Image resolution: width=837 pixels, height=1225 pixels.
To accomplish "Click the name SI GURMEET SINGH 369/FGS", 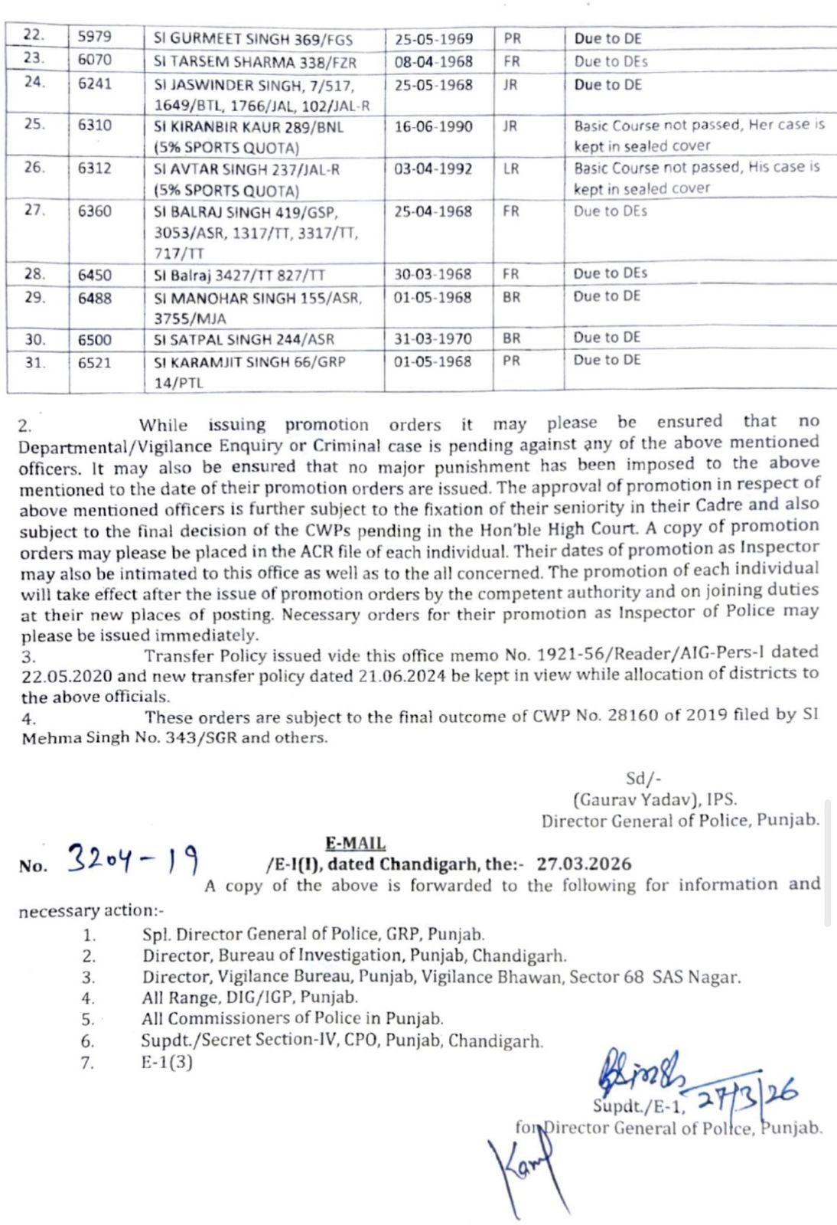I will point(258,39).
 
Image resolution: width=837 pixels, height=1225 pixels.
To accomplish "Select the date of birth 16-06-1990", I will point(433,126).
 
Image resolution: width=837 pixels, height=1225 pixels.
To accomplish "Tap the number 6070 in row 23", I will point(94,60).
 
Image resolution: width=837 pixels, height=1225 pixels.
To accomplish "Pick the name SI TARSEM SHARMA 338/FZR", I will point(255,62).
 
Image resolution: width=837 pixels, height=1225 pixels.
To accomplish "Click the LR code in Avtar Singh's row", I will point(511,168).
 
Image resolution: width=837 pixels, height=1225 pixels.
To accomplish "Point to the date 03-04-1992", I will point(433,168).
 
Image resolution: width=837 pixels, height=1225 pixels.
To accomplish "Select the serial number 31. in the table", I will point(34,362).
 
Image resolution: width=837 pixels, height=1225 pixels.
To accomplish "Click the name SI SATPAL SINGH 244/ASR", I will point(244,339).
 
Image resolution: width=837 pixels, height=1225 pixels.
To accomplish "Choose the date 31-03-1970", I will point(433,338).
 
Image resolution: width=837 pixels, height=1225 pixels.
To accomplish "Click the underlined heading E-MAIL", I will point(355,844).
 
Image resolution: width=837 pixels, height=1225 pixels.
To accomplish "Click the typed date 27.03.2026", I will point(584,864).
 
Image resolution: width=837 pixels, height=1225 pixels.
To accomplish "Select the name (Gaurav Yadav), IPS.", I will point(655,799).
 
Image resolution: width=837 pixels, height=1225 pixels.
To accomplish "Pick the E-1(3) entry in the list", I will point(167,1062).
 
